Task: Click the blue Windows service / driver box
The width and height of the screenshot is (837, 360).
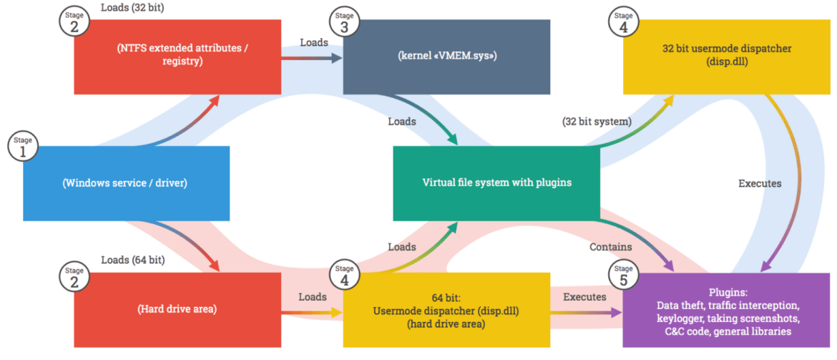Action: tap(126, 183)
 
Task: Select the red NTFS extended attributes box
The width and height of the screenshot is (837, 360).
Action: tap(177, 57)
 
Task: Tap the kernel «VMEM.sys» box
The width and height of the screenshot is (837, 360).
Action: tap(446, 57)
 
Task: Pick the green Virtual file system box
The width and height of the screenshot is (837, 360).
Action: tap(496, 183)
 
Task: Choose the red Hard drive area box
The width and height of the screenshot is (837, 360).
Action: tap(177, 310)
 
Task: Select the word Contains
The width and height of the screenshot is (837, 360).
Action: tap(610, 247)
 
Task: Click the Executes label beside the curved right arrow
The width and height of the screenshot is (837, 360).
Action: tap(760, 183)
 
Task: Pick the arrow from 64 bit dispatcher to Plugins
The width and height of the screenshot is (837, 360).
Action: tap(585, 312)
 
